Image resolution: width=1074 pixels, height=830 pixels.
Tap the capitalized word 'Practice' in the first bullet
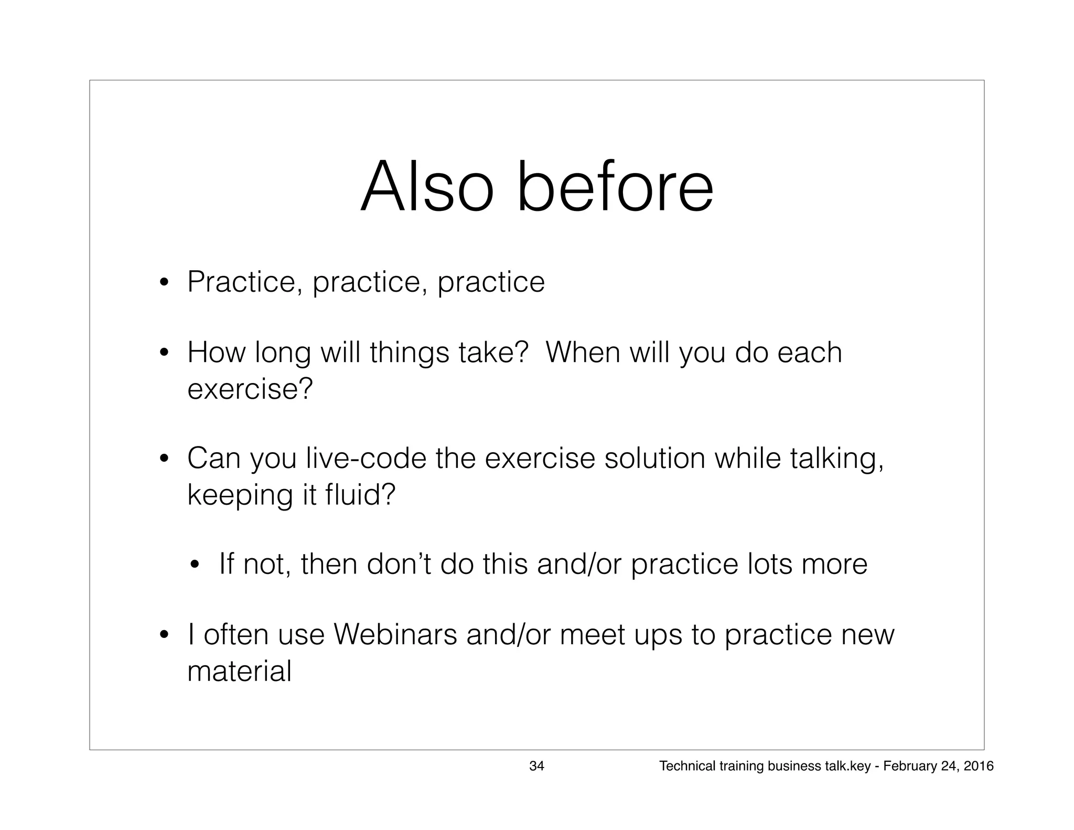tap(245, 282)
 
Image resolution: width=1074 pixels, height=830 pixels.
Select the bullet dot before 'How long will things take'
tap(164, 353)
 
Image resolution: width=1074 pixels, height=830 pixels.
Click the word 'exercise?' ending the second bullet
tap(250, 389)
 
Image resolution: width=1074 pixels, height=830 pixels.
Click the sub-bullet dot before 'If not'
tap(195, 566)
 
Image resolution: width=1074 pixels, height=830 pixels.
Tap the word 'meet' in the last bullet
tap(592, 634)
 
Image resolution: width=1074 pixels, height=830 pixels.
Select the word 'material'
tap(239, 671)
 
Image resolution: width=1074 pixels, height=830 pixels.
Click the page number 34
tap(536, 766)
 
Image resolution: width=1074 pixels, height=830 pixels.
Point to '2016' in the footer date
tap(979, 766)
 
